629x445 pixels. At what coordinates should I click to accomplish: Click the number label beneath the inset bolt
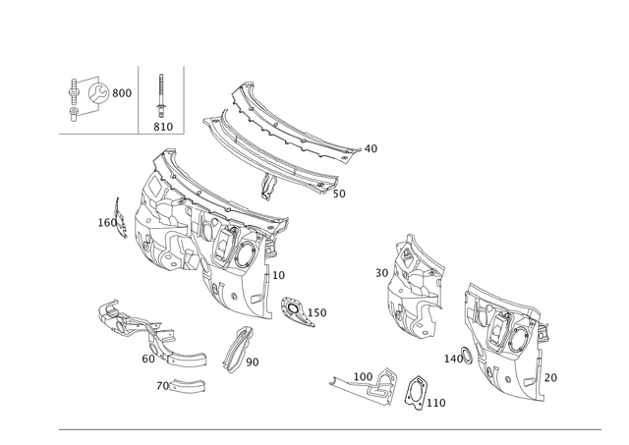click(162, 126)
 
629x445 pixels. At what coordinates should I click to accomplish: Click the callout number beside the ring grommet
click(440, 401)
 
